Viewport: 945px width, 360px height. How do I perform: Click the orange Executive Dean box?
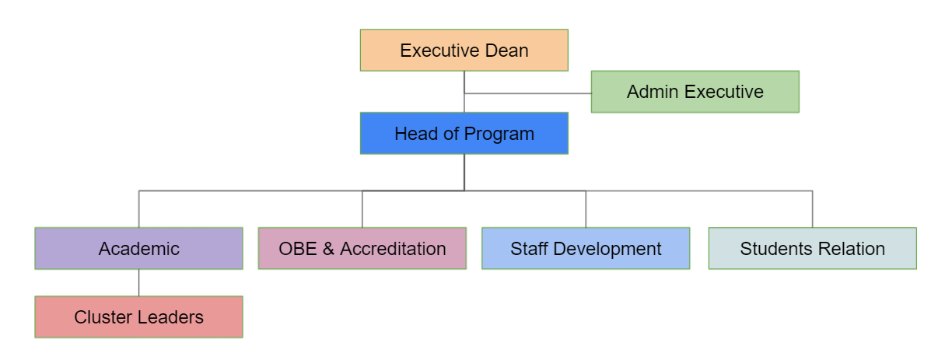(464, 51)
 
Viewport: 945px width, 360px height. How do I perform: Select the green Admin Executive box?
(695, 92)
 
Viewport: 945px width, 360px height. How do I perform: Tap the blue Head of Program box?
(464, 133)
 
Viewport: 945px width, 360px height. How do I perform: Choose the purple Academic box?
(138, 248)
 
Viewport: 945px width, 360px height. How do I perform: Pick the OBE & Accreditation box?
(362, 248)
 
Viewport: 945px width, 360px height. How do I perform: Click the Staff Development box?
(585, 248)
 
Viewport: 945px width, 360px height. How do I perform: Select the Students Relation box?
(812, 248)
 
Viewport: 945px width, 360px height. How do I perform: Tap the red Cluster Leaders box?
(138, 316)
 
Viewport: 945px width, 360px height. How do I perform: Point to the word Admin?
(653, 92)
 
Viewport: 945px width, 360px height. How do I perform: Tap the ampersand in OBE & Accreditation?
(328, 249)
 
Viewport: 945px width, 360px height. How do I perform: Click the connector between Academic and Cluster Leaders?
(139, 282)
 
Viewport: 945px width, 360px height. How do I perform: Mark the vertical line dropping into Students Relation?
(813, 208)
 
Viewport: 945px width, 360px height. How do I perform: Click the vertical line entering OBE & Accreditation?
(362, 208)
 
